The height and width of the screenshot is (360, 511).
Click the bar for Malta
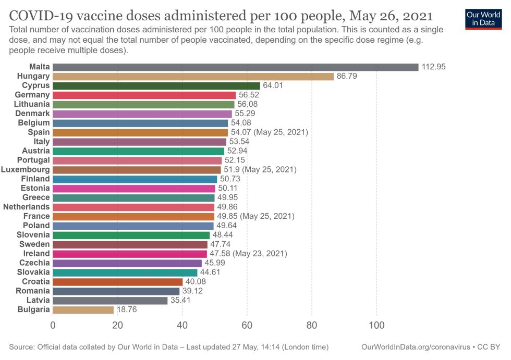(x=235, y=67)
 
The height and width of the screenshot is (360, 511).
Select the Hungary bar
(x=193, y=76)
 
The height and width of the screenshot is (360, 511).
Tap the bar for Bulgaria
(x=83, y=310)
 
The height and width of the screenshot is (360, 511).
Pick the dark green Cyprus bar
(x=156, y=85)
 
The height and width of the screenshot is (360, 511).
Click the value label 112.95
(x=434, y=67)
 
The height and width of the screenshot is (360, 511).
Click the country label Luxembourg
(x=26, y=170)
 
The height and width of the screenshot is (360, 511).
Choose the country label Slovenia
(x=33, y=235)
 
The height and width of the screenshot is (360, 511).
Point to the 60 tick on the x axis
(x=247, y=326)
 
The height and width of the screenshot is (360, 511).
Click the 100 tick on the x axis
(x=376, y=326)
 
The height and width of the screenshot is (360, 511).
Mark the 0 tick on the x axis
(x=53, y=326)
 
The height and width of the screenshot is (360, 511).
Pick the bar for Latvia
(x=110, y=301)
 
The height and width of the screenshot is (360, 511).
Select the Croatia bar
(x=117, y=282)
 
